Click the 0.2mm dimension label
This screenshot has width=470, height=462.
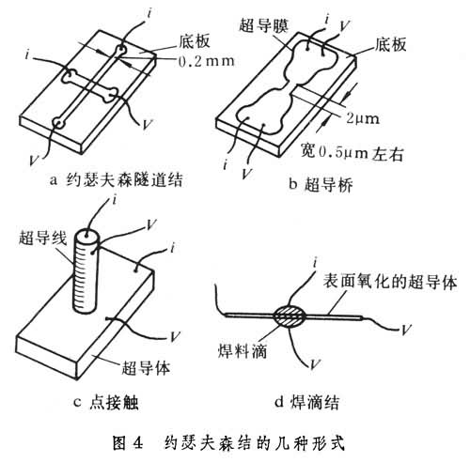(x=207, y=61)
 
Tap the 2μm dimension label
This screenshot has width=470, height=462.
(x=363, y=118)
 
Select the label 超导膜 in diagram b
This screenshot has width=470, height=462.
(x=264, y=25)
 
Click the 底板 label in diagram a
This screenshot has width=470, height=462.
(x=195, y=41)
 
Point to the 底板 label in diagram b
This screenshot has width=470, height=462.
(x=390, y=44)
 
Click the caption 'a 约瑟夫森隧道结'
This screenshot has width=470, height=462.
(x=117, y=180)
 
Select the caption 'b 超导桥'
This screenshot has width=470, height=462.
(x=321, y=184)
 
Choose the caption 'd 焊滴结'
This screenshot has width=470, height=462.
(x=306, y=402)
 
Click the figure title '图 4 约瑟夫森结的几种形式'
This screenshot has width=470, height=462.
(x=228, y=443)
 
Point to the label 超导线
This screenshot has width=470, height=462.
(x=43, y=238)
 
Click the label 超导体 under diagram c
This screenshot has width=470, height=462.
(x=146, y=367)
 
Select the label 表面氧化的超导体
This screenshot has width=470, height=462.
(x=390, y=282)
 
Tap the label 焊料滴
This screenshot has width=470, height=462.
(x=243, y=350)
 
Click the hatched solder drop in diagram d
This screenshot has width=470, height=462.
(x=289, y=316)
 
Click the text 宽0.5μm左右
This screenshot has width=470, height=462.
(x=352, y=152)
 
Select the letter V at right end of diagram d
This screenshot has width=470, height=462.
(x=405, y=330)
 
